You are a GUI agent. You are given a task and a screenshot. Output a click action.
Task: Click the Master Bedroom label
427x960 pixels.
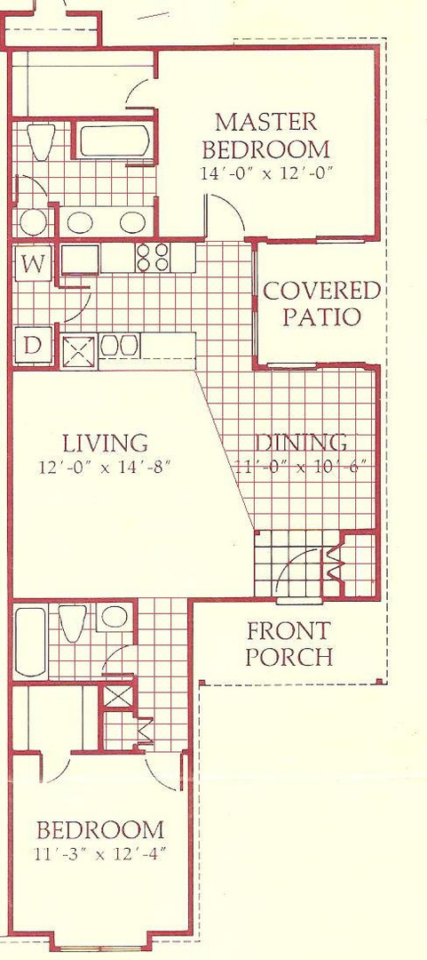pos(265,135)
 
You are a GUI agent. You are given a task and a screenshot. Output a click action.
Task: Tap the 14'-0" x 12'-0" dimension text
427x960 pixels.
pos(265,173)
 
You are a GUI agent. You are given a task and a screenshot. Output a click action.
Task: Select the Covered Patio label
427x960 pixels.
pos(321,304)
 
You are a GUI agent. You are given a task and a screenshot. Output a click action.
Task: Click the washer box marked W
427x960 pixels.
pos(33,264)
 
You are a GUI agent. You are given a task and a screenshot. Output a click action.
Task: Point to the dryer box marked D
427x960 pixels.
pos(33,346)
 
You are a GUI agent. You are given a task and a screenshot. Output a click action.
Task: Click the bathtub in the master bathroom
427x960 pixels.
pos(115,140)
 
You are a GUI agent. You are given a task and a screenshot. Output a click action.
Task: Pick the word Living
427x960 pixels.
pos(106,442)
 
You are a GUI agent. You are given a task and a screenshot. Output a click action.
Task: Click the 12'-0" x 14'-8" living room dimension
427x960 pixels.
pos(103,468)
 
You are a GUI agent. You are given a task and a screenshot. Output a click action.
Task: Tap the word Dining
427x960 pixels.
pos(301,442)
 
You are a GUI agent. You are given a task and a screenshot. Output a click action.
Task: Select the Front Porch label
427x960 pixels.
pos(289,643)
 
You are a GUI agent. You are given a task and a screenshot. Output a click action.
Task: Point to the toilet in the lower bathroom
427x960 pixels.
pos(72,622)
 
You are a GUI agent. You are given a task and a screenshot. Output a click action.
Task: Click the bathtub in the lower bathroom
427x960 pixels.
pos(30,641)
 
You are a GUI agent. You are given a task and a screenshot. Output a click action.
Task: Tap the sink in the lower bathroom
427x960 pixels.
pos(114,617)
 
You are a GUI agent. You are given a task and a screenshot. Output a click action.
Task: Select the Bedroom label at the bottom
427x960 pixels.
pos(100,830)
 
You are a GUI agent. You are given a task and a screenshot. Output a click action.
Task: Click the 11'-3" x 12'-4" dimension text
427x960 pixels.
pos(100,852)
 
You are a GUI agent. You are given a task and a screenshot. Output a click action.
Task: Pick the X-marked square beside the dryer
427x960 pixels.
pos(80,351)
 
